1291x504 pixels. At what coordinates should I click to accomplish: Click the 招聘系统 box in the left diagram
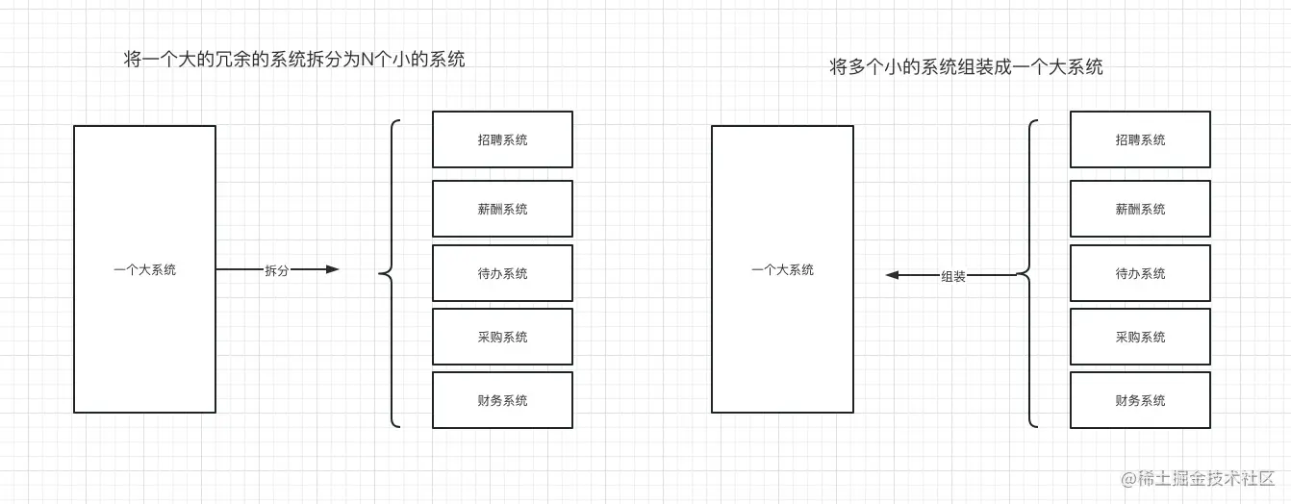502,139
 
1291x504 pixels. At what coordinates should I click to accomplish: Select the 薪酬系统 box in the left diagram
502,209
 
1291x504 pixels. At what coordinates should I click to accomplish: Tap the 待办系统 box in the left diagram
502,273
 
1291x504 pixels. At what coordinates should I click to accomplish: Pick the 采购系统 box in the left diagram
502,337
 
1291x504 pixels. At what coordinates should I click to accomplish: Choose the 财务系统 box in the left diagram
502,400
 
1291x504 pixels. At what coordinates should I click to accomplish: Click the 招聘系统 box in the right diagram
1140,139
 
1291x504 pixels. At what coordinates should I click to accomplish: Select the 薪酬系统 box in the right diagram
1140,209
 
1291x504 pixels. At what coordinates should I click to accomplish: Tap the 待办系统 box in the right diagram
1140,273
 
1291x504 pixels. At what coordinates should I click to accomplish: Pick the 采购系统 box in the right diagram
1140,337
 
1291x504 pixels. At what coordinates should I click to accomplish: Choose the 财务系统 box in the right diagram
1140,400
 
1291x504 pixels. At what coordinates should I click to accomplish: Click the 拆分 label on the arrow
276,270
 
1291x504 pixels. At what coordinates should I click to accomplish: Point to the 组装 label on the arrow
952,276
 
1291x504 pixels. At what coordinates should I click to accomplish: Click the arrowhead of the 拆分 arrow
333,269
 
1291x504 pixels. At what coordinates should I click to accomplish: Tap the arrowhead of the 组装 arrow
892,275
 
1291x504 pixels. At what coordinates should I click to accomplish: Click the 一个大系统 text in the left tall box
144,270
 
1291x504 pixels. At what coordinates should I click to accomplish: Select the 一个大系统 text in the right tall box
782,270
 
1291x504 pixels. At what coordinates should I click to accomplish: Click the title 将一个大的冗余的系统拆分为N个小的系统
294,60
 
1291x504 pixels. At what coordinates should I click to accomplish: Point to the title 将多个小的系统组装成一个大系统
966,67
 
